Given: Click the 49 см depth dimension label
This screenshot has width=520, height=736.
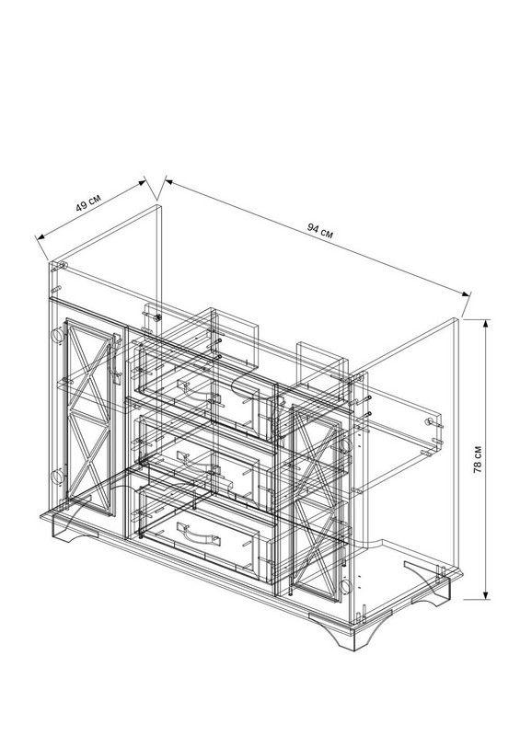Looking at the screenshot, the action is point(88,202).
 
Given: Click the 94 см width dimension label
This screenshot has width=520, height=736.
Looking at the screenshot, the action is point(320,231).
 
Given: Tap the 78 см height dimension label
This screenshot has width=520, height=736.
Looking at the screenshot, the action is point(478,459).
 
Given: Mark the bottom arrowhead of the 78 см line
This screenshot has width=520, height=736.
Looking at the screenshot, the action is point(486,593).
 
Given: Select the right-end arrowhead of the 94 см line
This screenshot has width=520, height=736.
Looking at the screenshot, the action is point(465,293).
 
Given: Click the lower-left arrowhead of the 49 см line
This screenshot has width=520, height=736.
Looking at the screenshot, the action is point(40,236).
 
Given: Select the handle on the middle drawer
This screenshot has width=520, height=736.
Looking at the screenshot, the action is point(193,462).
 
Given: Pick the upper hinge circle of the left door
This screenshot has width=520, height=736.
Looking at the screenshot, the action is point(57,335).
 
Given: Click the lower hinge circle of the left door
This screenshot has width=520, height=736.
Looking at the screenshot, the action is point(57,476).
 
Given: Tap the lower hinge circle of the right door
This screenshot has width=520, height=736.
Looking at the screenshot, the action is point(346,586).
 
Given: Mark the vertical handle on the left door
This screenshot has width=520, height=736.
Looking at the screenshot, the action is point(114,358).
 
